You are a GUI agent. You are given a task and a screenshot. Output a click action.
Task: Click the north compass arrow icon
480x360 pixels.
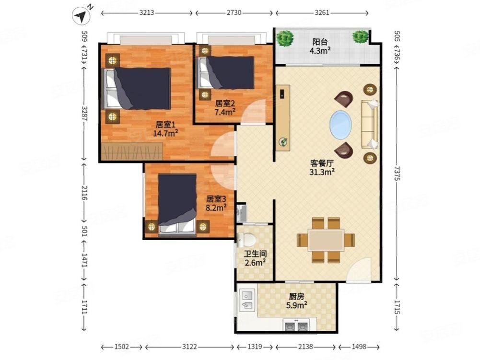click(82, 16)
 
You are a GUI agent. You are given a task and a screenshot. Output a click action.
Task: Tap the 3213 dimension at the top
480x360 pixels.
click(147, 13)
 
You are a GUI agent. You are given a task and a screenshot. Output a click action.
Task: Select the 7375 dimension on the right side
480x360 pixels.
click(397, 174)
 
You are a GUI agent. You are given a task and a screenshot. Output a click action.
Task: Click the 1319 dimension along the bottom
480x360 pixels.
click(255, 347)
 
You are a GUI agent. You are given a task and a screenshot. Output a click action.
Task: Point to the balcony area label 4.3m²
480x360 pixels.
click(320, 50)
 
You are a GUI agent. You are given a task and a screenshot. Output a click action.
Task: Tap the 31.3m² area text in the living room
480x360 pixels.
click(322, 172)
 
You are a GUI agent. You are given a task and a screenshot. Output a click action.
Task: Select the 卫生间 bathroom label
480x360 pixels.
click(255, 254)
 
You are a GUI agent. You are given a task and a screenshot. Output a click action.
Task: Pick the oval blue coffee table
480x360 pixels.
click(340, 125)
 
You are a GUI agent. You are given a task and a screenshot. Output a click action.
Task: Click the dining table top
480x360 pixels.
click(326, 240)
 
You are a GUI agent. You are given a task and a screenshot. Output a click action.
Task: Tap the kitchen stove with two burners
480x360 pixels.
click(296, 325)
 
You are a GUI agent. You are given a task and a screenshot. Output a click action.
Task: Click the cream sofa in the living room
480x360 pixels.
click(370, 124)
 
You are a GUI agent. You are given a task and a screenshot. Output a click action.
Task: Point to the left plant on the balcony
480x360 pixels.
click(285, 38)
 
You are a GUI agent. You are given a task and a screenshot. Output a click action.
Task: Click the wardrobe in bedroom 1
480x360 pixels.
click(132, 151)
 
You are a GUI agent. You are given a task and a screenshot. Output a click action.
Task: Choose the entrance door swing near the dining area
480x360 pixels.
click(359, 270)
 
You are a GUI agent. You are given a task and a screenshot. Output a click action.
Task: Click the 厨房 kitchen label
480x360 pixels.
click(297, 296)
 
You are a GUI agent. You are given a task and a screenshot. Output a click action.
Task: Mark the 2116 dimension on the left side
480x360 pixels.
click(85, 193)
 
